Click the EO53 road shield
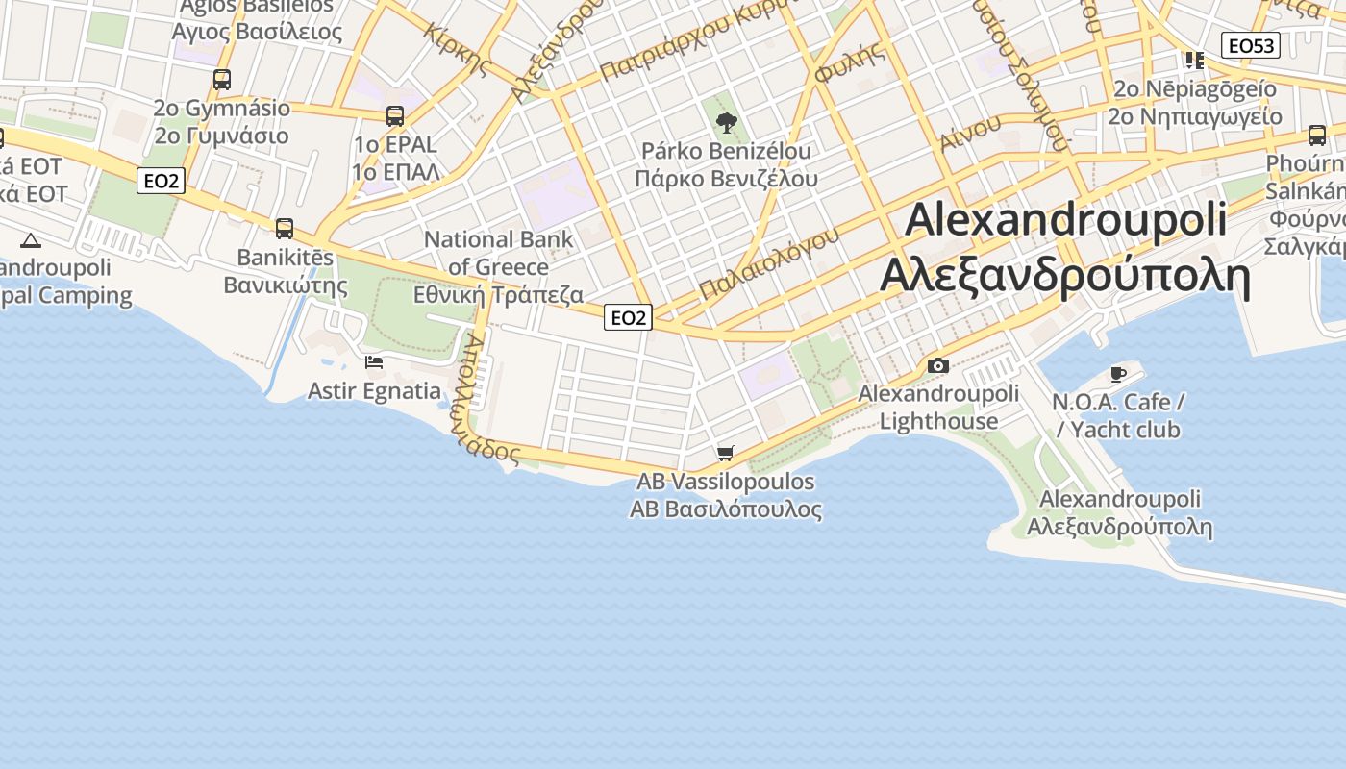click(x=1251, y=45)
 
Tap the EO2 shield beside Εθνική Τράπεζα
click(x=628, y=317)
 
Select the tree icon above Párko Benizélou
click(x=727, y=123)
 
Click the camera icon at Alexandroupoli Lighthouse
click(x=938, y=365)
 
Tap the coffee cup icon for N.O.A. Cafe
click(x=1117, y=373)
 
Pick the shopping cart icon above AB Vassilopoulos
click(x=726, y=453)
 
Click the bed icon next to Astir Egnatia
click(x=374, y=362)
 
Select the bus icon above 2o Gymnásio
click(x=222, y=80)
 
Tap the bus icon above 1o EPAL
click(x=395, y=116)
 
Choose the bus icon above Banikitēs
click(x=285, y=229)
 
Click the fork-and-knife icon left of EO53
click(x=1195, y=61)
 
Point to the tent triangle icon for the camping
click(x=30, y=240)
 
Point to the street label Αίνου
click(x=971, y=132)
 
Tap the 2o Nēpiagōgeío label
click(x=1195, y=88)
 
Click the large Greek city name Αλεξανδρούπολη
click(x=1065, y=277)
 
